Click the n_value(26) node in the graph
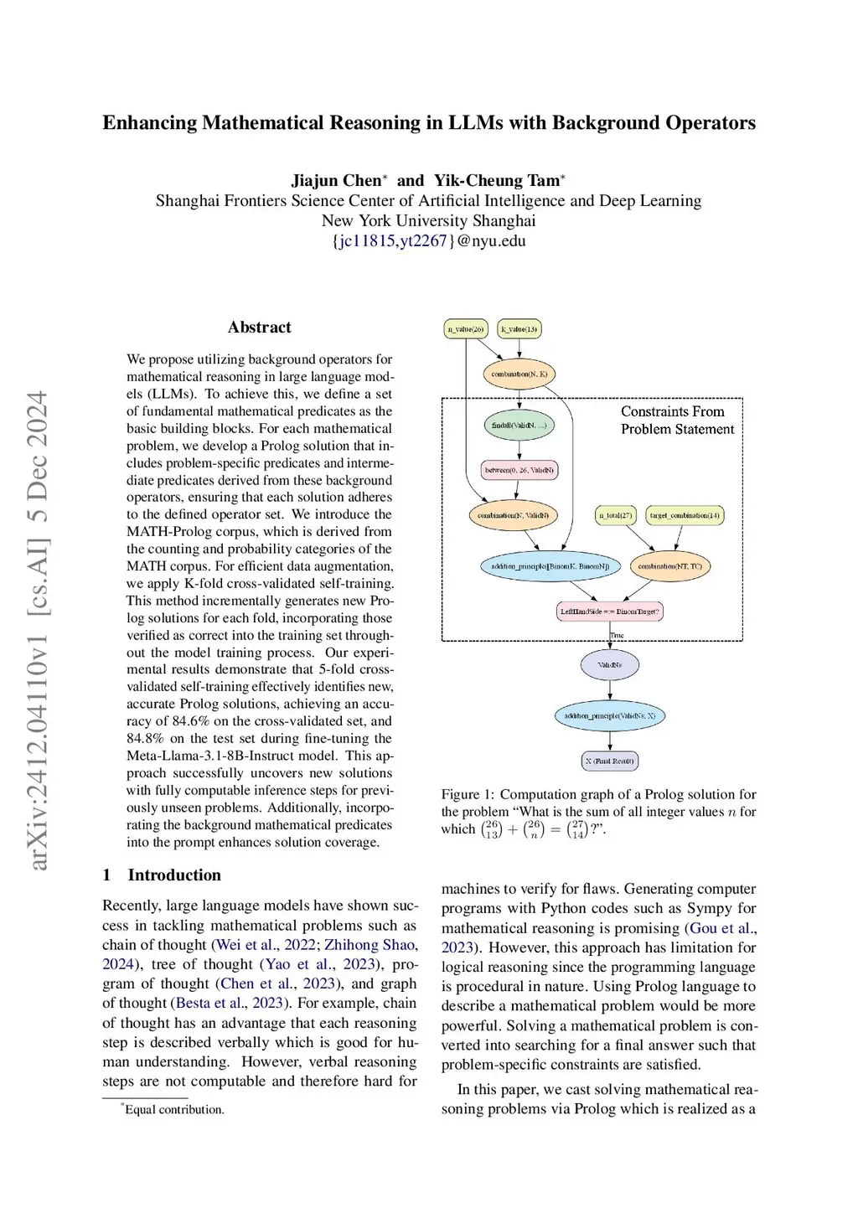point(466,329)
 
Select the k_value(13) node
point(519,329)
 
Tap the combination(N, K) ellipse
point(519,374)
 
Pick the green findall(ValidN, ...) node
point(519,426)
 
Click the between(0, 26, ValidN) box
point(519,470)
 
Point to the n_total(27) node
point(616,515)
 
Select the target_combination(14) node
point(685,515)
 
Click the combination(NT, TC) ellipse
point(669,566)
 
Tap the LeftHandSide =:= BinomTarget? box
point(610,612)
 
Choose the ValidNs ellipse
point(610,665)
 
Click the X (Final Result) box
point(610,761)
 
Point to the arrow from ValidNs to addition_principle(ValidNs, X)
point(610,689)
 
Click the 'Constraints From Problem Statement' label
point(677,421)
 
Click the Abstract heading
point(259,328)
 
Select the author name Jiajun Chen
point(336,181)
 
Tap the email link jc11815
point(366,241)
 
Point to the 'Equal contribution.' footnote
point(174,1110)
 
